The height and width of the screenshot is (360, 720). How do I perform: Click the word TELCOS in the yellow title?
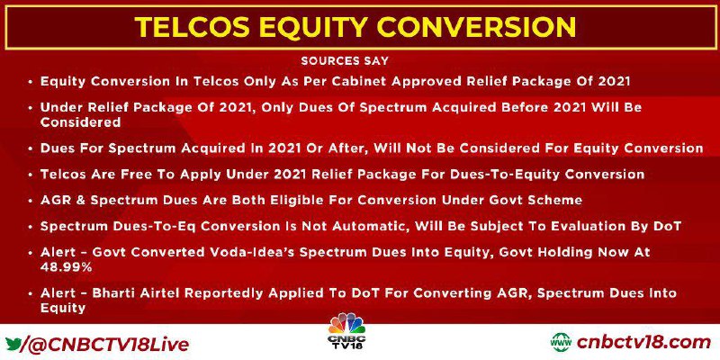[188, 27]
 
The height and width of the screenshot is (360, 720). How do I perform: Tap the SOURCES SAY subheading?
[345, 60]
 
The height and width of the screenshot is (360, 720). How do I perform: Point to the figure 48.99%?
[66, 267]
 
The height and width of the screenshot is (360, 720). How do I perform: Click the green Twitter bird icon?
[13, 343]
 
